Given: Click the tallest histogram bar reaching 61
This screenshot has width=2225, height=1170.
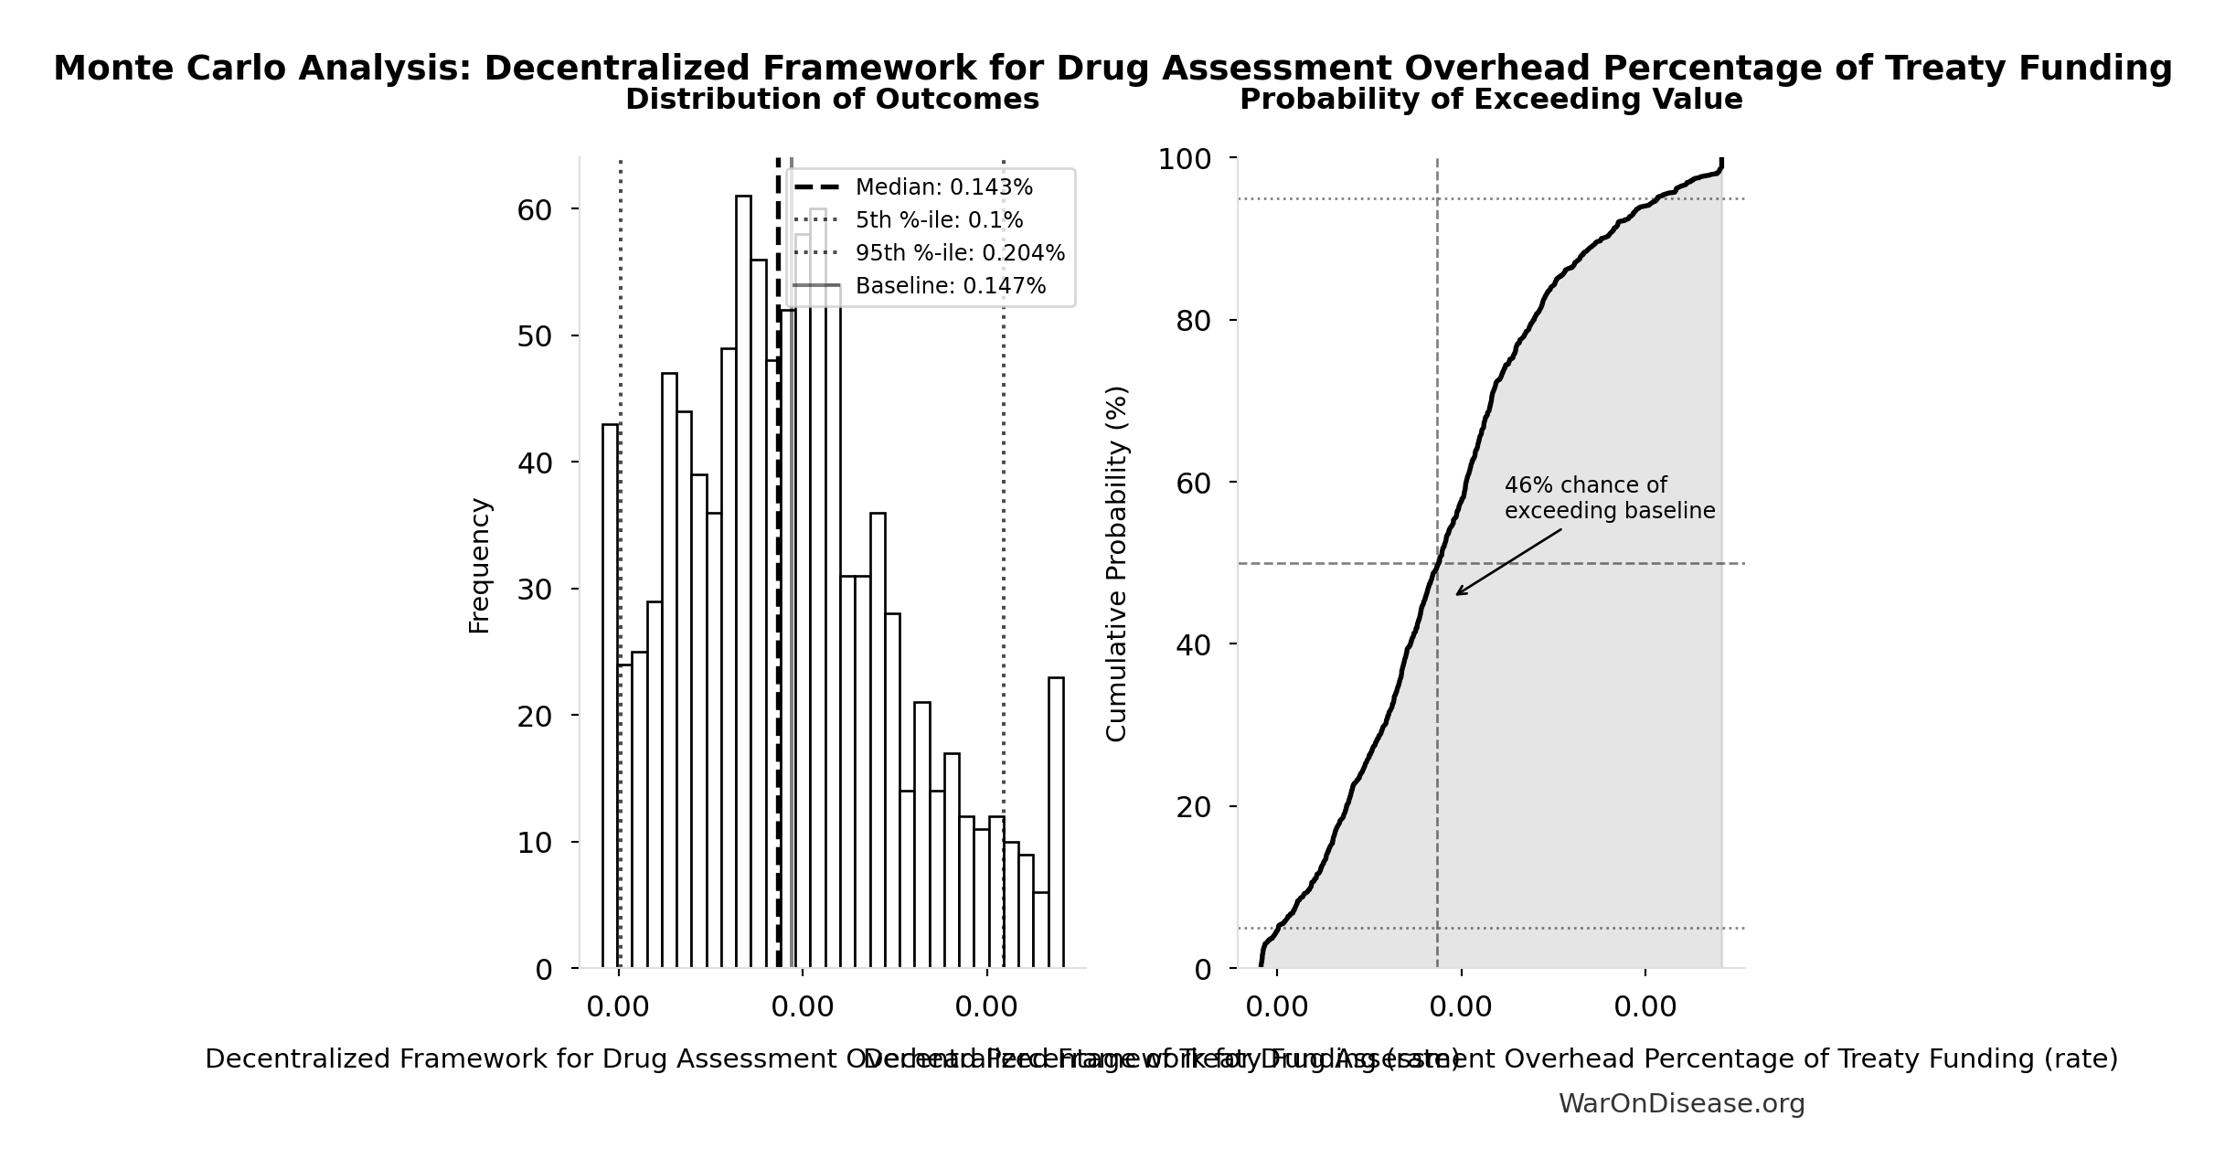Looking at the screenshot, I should (743, 585).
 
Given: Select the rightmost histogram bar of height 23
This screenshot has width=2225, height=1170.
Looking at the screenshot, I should (1056, 823).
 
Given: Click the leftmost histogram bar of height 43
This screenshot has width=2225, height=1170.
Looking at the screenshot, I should (610, 695).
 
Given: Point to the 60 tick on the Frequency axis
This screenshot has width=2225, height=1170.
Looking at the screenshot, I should (535, 210).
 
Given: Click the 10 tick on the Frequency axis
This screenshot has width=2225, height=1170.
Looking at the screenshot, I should (535, 842).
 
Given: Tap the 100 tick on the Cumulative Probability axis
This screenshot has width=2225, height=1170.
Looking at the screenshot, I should (1185, 159).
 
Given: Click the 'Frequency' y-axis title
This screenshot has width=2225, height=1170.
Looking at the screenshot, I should (479, 565).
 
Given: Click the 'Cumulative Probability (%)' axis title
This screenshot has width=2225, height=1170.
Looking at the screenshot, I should (1117, 563).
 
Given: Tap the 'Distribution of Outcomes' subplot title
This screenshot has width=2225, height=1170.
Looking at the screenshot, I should (832, 99).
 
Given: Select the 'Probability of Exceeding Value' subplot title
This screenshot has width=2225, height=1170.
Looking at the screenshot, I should (1491, 99).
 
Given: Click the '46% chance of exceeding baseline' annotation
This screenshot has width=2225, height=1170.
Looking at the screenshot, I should (1609, 498).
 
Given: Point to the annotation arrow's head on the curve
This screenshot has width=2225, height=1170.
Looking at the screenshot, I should (1457, 594).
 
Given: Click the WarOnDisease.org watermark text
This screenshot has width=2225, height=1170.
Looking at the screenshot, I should (1681, 1104).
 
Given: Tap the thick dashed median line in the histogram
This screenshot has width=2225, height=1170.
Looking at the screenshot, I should (778, 640).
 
